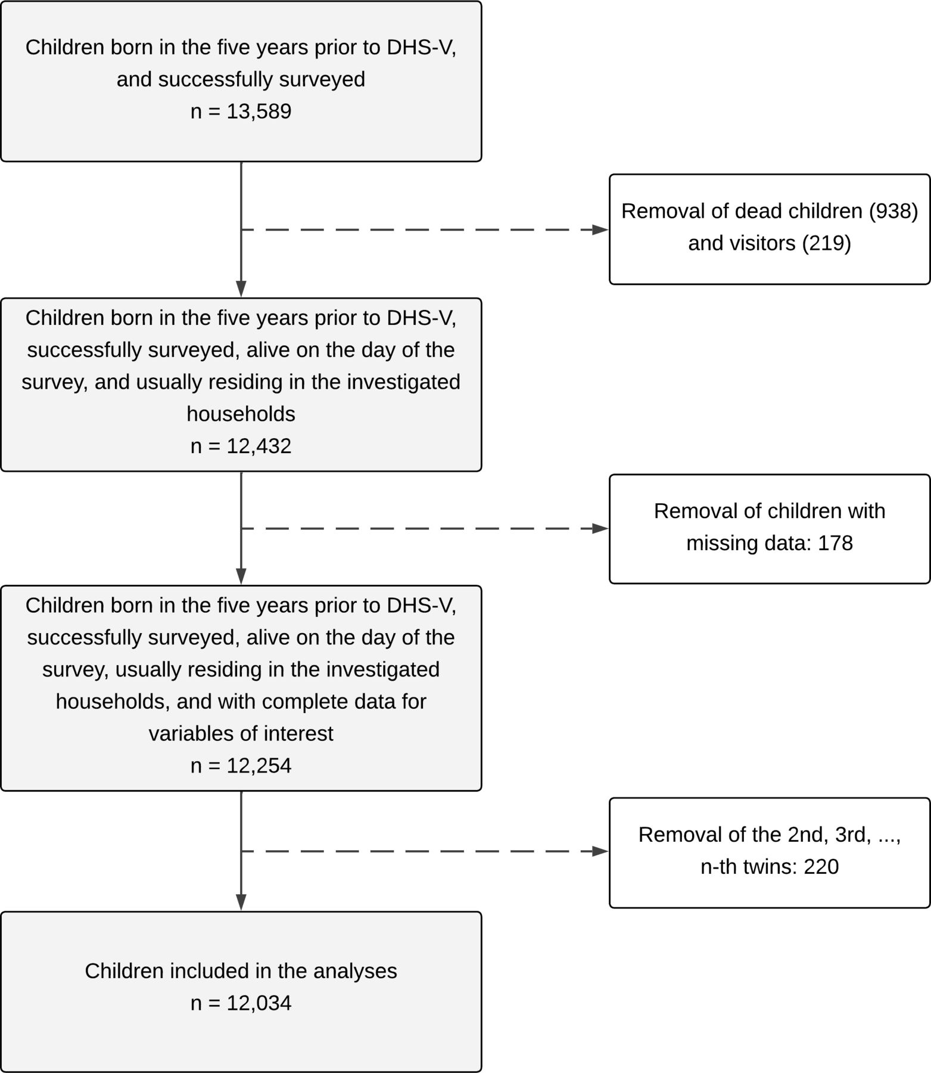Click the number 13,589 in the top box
point(259,111)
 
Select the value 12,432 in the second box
point(259,446)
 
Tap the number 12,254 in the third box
point(259,765)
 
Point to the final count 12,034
point(259,1003)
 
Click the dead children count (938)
point(893,211)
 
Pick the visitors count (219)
point(827,243)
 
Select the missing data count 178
point(835,543)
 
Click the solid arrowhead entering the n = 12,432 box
point(241,289)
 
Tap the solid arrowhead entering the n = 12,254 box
point(241,576)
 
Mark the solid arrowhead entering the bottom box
point(241,903)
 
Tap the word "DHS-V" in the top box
point(422,48)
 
